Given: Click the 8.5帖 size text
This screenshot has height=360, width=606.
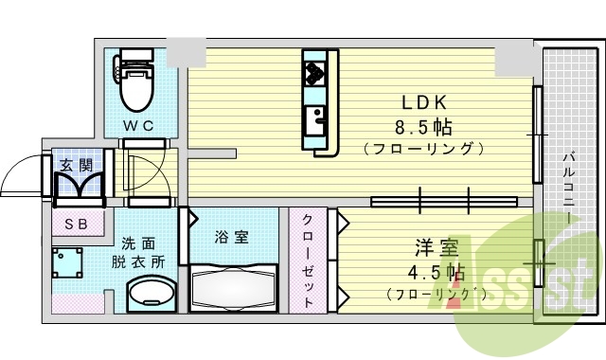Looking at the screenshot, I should [423, 126].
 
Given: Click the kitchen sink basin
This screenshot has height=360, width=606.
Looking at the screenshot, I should [314, 118].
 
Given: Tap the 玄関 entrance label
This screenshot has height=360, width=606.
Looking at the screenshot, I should [78, 165].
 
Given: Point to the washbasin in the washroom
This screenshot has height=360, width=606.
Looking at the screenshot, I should [149, 295].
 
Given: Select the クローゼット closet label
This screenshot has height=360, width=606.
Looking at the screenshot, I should [310, 259].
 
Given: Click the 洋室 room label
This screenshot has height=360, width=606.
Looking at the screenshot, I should [437, 249].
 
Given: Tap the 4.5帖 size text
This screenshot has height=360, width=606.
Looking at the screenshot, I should [436, 273].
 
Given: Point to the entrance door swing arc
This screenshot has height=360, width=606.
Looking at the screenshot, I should [21, 174].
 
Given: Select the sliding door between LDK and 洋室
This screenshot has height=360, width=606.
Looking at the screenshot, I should [445, 201].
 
